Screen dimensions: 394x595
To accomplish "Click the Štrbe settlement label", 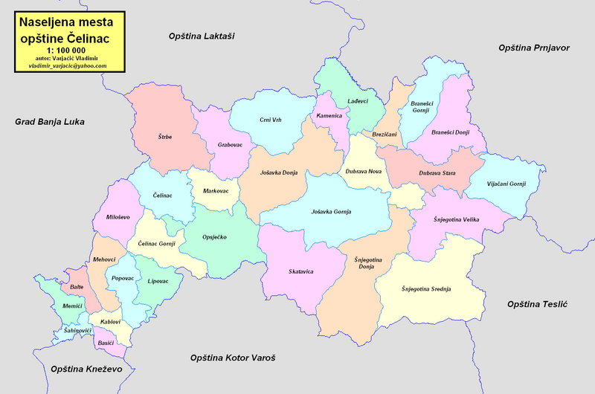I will pos(165,136).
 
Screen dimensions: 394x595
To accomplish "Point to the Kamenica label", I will pos(329,116).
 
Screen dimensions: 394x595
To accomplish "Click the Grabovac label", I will pos(231,145).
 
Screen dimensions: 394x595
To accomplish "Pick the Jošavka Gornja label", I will pos(331,212).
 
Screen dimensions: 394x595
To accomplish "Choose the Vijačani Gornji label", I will pos(506,184).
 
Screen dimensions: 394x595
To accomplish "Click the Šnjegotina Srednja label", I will pos(426,288).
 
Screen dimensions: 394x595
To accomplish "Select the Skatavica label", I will pos(301,271).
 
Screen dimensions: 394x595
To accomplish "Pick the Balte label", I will pos(77,286).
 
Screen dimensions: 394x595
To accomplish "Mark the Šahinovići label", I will pos(78,330).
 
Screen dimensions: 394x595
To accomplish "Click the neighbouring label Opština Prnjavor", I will pos(533,48).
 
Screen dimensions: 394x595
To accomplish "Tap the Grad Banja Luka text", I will pos(50,120).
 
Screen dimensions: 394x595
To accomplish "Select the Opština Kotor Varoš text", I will pos(232,358).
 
